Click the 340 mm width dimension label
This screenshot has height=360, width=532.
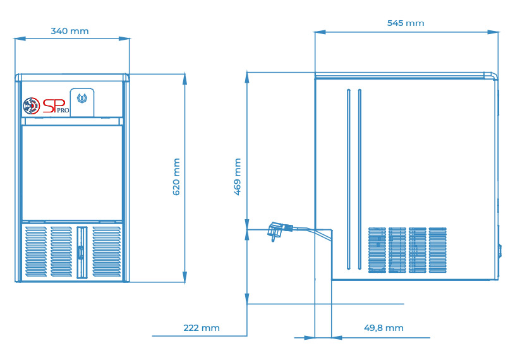(70, 31)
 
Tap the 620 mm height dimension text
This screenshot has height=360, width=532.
(176, 177)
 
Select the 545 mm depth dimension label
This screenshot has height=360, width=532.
(406, 23)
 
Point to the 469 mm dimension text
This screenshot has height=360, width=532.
(238, 177)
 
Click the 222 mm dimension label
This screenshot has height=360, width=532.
(202, 328)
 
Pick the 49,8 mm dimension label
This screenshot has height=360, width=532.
(384, 328)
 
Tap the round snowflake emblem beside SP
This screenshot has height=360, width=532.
(31, 106)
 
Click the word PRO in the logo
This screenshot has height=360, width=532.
(63, 111)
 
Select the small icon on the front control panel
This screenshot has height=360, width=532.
(82, 99)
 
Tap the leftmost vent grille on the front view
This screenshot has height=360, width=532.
(36, 251)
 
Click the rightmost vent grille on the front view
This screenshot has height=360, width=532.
(107, 251)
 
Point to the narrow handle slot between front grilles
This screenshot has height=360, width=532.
(82, 252)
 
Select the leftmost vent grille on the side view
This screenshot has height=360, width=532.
(377, 250)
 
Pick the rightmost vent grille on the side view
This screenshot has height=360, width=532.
(438, 250)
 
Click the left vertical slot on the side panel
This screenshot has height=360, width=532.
(348, 179)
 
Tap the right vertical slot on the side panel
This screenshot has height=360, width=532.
(360, 179)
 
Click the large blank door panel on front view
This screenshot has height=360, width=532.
(72, 173)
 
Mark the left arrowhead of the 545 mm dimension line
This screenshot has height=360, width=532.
(320, 32)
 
